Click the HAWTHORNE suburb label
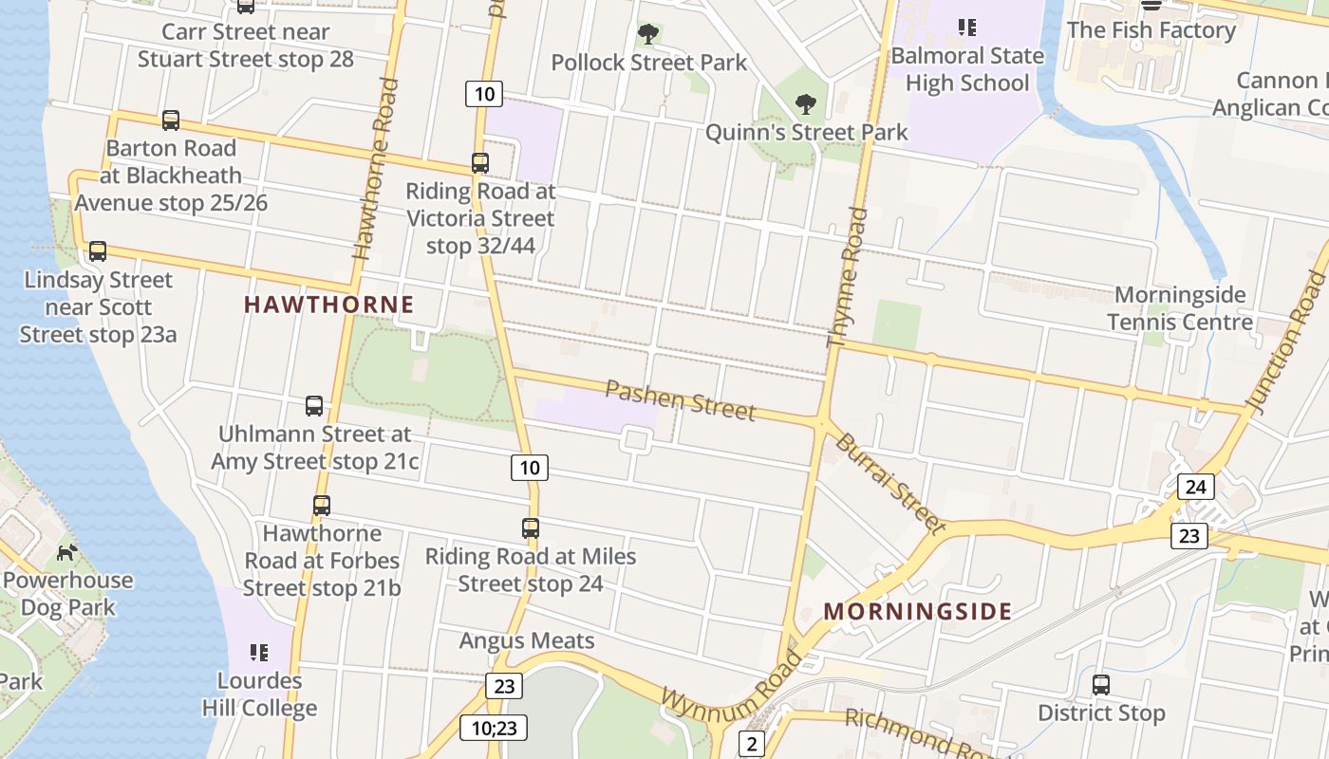pyautogui.click(x=328, y=305)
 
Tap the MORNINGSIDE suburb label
pyautogui.click(x=917, y=611)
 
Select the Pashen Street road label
pyautogui.click(x=680, y=399)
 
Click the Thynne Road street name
pyautogui.click(x=848, y=277)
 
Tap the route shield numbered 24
pyautogui.click(x=1195, y=488)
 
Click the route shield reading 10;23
pyautogui.click(x=494, y=728)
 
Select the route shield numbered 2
pyautogui.click(x=752, y=744)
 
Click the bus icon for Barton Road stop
pyautogui.click(x=171, y=120)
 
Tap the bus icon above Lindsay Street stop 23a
pyautogui.click(x=98, y=251)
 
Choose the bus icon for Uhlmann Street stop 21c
pyautogui.click(x=314, y=406)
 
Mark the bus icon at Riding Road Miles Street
pyautogui.click(x=531, y=528)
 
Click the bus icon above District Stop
pyautogui.click(x=1101, y=685)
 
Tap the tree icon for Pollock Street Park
pyautogui.click(x=648, y=35)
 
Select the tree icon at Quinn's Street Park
pyautogui.click(x=805, y=103)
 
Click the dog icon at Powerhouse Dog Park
pyautogui.click(x=66, y=552)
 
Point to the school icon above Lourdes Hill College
pyautogui.click(x=258, y=653)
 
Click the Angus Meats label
pyautogui.click(x=527, y=641)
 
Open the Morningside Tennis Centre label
pyautogui.click(x=1180, y=308)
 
